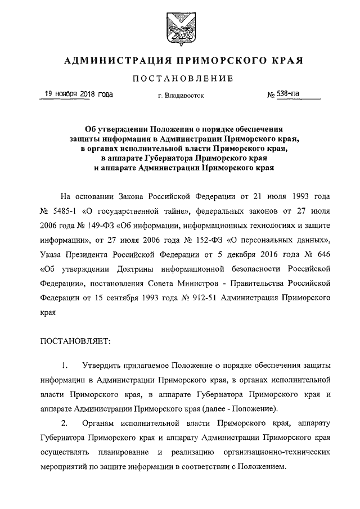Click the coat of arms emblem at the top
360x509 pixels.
181,29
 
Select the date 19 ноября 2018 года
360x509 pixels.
78,94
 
